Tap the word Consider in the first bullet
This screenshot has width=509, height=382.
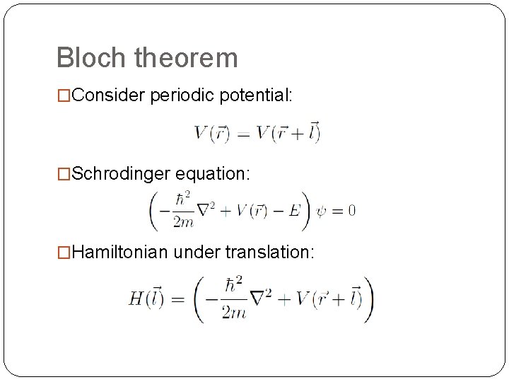click(109, 96)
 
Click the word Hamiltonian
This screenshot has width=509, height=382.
click(117, 253)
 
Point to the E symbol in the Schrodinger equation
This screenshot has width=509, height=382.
click(296, 210)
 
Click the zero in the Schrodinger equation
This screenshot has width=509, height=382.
click(351, 210)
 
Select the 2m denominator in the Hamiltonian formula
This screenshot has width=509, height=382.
click(233, 313)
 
